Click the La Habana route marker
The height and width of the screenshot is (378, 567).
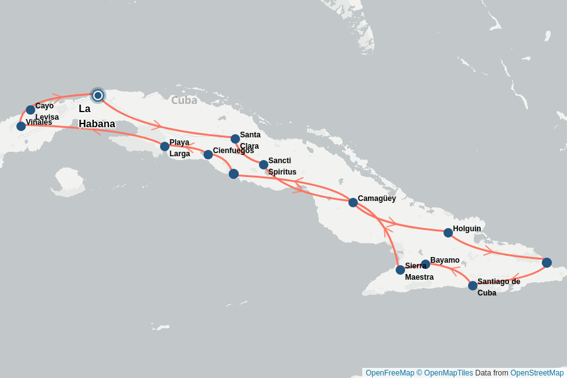(98, 95)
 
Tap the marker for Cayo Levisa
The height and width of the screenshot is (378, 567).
(30, 110)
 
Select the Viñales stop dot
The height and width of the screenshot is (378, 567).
(21, 126)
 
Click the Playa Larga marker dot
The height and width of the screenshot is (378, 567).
(164, 146)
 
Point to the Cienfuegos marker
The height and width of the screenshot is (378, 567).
(208, 154)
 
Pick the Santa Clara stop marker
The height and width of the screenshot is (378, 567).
(235, 139)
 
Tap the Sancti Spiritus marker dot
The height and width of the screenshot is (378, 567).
(263, 164)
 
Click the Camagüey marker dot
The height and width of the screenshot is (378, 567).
(353, 202)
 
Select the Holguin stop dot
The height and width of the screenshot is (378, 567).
(448, 232)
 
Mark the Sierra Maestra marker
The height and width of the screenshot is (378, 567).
(400, 270)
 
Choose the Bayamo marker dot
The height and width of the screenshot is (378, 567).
(425, 264)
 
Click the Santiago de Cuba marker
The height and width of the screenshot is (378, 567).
(472, 285)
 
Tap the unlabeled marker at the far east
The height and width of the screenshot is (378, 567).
(546, 262)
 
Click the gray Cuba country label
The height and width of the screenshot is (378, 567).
(184, 100)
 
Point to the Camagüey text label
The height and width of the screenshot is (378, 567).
(377, 198)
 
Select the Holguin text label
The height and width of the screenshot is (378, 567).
(467, 229)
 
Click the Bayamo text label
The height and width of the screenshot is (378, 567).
(445, 260)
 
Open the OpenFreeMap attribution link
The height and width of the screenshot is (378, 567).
(389, 373)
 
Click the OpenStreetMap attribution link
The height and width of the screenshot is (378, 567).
(537, 373)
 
